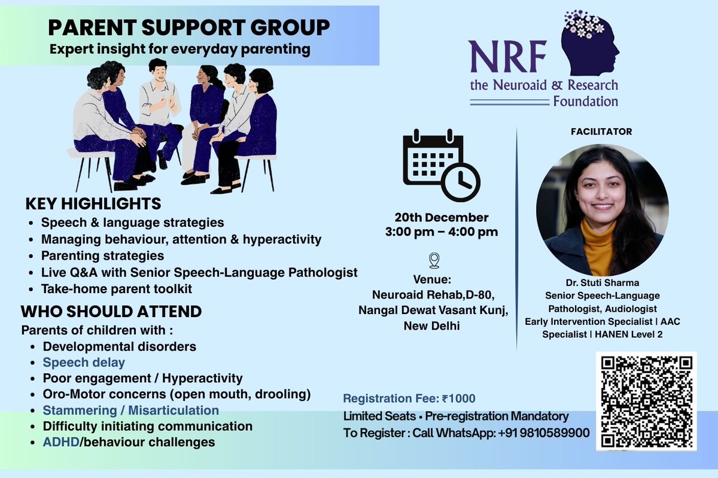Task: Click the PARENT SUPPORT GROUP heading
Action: click(x=188, y=28)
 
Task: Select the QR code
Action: click(x=646, y=401)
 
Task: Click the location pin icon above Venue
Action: click(x=434, y=261)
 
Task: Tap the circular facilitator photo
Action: click(x=602, y=209)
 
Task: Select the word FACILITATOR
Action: click(x=602, y=132)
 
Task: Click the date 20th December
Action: click(x=441, y=217)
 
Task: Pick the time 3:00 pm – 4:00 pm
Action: click(x=441, y=232)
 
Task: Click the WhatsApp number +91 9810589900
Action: click(x=544, y=433)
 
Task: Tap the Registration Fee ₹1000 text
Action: click(x=409, y=398)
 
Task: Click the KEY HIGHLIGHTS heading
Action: click(x=93, y=204)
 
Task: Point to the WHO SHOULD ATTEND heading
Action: click(x=111, y=312)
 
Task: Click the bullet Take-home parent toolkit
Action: click(x=116, y=289)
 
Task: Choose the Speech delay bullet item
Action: click(x=84, y=363)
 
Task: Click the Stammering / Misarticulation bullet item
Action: click(x=130, y=410)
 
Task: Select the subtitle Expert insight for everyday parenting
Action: click(x=180, y=49)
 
